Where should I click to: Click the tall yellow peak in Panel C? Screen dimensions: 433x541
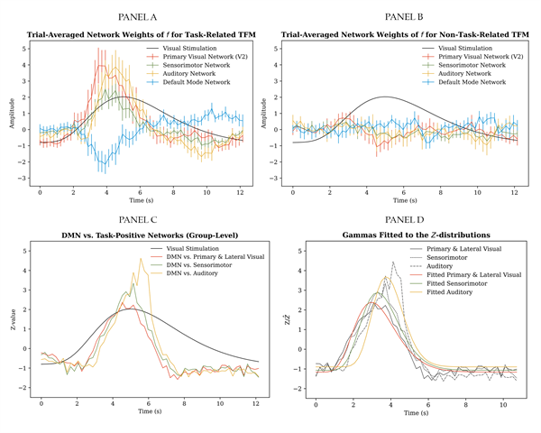(x=140, y=259)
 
